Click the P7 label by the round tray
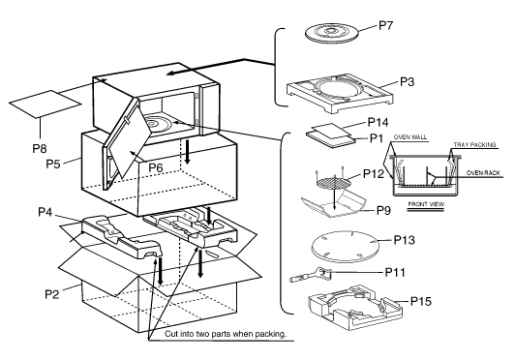(x=386, y=25)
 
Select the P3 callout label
(x=408, y=81)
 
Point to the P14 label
(x=378, y=122)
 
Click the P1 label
(x=377, y=138)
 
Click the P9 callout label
(x=383, y=210)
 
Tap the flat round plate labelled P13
(x=345, y=247)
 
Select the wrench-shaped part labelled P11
(x=311, y=275)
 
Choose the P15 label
(x=421, y=301)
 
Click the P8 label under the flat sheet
(x=40, y=148)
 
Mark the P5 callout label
(x=53, y=164)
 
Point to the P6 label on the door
(x=156, y=167)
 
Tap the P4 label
(x=45, y=212)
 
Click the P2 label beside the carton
(x=52, y=293)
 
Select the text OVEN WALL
(x=410, y=137)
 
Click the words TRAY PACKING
(x=474, y=144)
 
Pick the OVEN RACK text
(x=483, y=173)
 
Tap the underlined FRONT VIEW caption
(x=426, y=204)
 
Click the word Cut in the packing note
(x=170, y=334)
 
